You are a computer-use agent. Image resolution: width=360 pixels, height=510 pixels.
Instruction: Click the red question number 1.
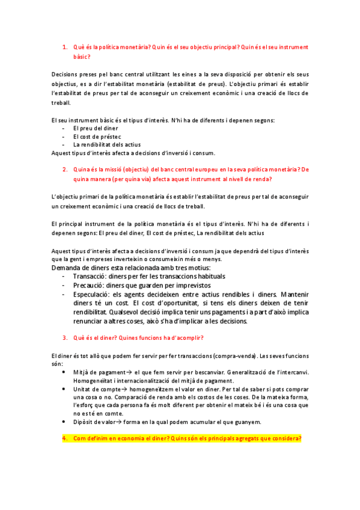pyautogui.click(x=64, y=46)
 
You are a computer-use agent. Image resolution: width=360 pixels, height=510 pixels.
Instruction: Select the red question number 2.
pyautogui.click(x=64, y=170)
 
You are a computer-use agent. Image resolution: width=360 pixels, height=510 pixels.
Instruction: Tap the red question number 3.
pyautogui.click(x=64, y=338)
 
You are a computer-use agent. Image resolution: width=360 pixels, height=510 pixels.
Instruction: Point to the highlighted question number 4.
pyautogui.click(x=64, y=438)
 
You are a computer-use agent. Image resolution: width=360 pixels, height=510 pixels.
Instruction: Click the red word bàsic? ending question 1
pyautogui.click(x=81, y=57)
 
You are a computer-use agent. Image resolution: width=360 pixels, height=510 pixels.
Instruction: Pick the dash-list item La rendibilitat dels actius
pyautogui.click(x=107, y=144)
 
